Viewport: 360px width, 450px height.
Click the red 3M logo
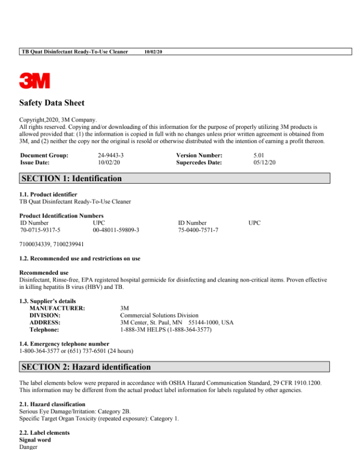[x=35, y=81]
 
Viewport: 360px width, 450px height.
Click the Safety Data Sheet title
[x=52, y=103]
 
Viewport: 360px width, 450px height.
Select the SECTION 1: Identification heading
[x=72, y=179]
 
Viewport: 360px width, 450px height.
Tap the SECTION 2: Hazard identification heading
[x=86, y=367]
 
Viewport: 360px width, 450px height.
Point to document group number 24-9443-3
[x=111, y=156]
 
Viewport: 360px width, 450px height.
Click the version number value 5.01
[x=261, y=156]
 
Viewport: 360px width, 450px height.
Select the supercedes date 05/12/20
[x=264, y=163]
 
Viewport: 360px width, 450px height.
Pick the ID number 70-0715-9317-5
[x=41, y=230]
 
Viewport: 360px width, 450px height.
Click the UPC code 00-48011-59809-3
[x=116, y=230]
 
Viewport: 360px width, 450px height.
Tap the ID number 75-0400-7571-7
[x=198, y=230]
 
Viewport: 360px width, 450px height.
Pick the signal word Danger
[x=29, y=447]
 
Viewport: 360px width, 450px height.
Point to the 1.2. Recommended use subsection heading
[x=80, y=259]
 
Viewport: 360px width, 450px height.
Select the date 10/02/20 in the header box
[x=153, y=52]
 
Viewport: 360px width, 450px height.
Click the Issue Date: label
[x=35, y=163]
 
